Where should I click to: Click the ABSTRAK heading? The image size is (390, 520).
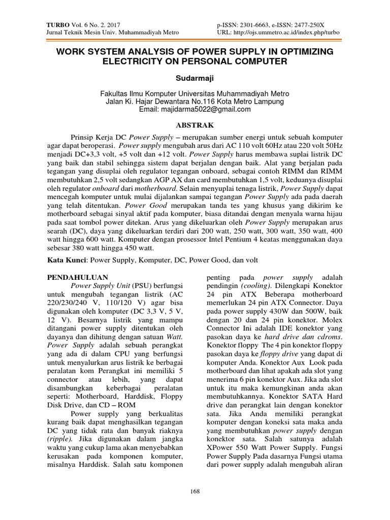click(x=194, y=124)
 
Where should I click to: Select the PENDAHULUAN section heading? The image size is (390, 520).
click(x=78, y=278)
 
